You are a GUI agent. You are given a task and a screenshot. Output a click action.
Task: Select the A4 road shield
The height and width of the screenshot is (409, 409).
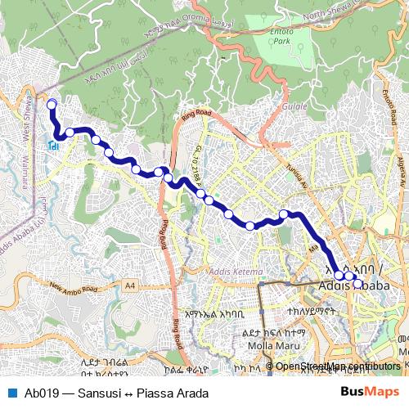point(131,285)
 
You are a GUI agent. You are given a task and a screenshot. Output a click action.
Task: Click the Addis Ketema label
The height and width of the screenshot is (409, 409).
point(236,271)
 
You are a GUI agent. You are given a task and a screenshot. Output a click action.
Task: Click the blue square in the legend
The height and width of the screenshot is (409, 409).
point(12,393)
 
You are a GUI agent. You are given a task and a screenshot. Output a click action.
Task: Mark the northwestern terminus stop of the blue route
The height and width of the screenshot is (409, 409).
point(52,104)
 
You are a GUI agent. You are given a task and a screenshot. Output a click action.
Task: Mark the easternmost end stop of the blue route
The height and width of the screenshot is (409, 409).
point(357,285)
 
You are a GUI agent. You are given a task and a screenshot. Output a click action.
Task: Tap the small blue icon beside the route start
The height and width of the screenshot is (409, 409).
point(52,146)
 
